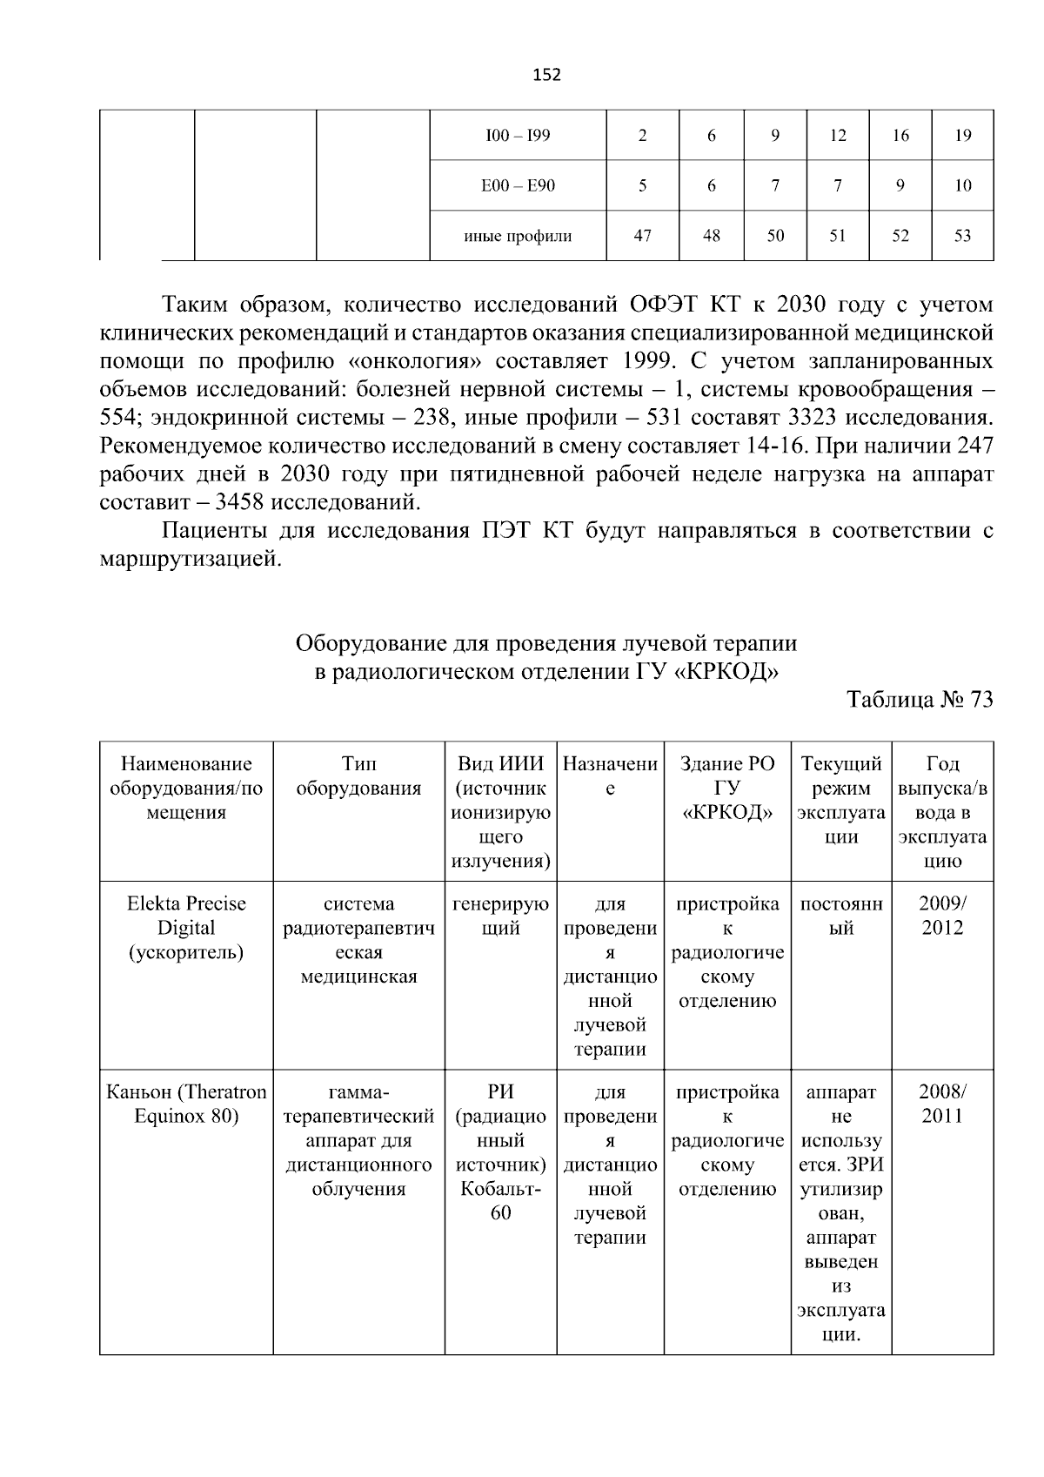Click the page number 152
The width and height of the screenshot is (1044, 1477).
tap(546, 75)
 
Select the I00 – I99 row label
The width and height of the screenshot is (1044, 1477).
tap(518, 136)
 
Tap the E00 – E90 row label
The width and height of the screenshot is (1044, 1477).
tap(518, 185)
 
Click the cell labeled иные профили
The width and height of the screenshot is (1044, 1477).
tap(518, 236)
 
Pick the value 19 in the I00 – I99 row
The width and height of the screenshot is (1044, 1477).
tap(962, 136)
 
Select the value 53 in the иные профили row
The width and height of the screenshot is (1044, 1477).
tap(962, 236)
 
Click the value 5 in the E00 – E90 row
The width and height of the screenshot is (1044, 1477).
tap(642, 185)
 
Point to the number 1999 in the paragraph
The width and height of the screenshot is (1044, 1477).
tap(647, 360)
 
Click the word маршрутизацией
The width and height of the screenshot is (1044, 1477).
tap(191, 559)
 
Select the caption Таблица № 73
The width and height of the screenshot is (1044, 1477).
tap(920, 700)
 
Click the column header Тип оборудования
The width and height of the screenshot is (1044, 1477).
tap(358, 776)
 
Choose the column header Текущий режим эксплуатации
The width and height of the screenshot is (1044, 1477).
tap(840, 801)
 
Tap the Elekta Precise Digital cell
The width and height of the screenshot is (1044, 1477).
tap(186, 928)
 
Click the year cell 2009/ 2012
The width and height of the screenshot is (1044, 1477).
tap(942, 916)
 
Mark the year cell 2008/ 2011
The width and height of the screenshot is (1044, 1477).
tap(942, 1104)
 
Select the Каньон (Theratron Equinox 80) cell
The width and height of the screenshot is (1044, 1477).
tap(186, 1104)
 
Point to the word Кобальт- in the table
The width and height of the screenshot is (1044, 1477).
tap(500, 1189)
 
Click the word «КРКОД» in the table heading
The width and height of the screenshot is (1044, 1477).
tap(726, 673)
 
